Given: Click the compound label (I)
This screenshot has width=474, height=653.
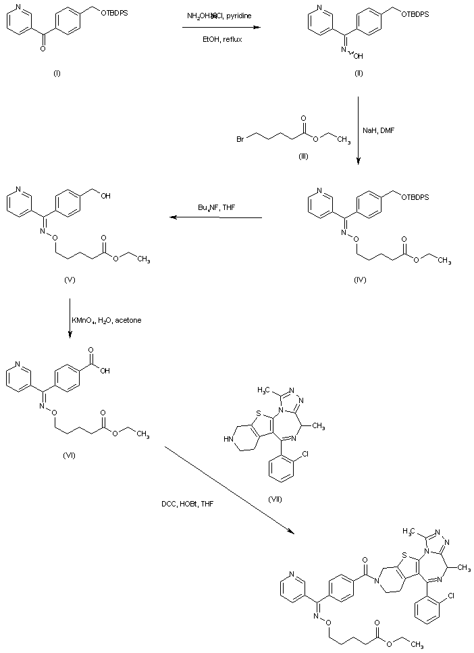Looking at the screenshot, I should (x=56, y=73).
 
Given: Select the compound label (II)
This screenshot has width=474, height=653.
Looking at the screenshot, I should (x=359, y=73).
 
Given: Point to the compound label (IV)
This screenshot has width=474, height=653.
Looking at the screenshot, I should (x=359, y=278).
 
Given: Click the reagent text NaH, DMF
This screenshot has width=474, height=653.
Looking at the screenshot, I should (x=386, y=133).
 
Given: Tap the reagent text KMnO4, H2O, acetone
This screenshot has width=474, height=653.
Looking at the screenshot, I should (x=110, y=319).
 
